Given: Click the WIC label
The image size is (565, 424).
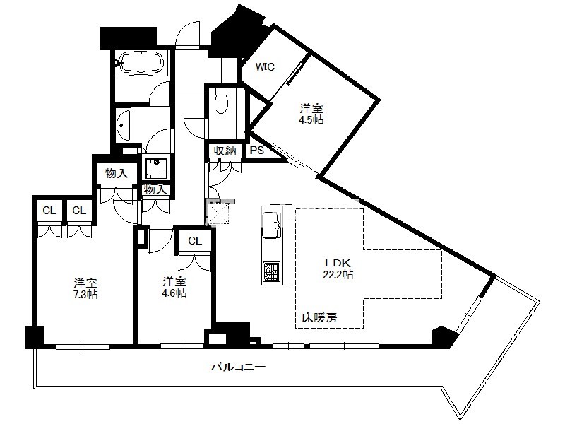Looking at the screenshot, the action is click(x=265, y=67).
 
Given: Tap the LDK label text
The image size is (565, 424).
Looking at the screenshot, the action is click(x=338, y=263).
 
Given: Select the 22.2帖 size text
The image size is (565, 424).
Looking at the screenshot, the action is click(x=338, y=275).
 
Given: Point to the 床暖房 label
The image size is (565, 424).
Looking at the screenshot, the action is click(x=320, y=317).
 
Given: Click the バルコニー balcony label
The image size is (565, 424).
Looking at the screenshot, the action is click(x=238, y=367).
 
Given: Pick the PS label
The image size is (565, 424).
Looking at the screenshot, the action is click(x=257, y=151).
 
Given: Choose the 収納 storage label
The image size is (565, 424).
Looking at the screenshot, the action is click(x=225, y=151).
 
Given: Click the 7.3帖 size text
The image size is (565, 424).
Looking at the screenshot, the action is click(x=85, y=295).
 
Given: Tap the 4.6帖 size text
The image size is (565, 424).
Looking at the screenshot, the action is click(x=174, y=293).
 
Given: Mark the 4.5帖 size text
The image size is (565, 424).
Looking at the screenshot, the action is click(x=311, y=119).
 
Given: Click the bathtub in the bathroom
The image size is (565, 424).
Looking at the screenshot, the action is click(x=141, y=63).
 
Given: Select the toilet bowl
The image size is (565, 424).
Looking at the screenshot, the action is click(x=221, y=101).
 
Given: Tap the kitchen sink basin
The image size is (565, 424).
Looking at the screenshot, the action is click(x=272, y=225).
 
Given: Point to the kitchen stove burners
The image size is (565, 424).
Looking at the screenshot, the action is click(x=271, y=271).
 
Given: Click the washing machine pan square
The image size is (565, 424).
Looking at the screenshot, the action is click(x=156, y=167).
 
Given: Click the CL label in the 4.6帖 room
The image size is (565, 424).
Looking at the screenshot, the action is click(x=195, y=241).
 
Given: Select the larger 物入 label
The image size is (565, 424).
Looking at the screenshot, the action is click(x=117, y=174).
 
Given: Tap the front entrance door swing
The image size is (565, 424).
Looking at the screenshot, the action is click(x=188, y=35).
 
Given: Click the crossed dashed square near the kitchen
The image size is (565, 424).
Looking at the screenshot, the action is click(x=219, y=213).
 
